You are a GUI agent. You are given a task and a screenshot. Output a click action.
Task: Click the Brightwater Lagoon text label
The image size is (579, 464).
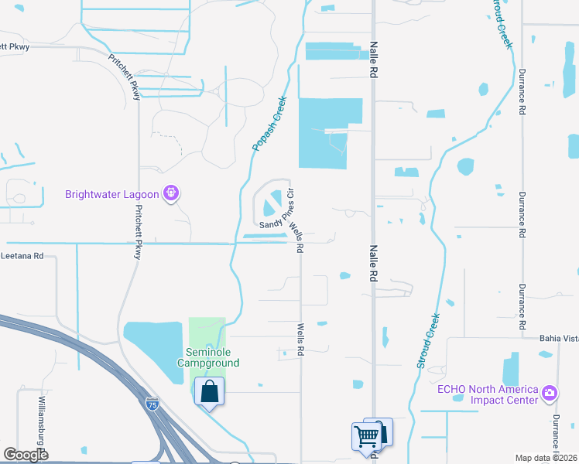coord(111,194)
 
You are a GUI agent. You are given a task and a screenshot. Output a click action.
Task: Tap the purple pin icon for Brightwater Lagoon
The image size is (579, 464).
coord(172,193)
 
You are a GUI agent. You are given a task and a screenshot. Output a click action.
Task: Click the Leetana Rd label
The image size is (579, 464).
coord(23,255)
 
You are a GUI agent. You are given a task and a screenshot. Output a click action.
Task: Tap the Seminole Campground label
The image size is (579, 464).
coord(208,357)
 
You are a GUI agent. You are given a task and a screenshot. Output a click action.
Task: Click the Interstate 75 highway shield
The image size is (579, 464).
coord(152,404)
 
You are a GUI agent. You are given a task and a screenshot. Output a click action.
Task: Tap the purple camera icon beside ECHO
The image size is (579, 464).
coord(550,393)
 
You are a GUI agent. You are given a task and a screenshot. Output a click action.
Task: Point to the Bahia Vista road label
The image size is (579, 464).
coord(559,338)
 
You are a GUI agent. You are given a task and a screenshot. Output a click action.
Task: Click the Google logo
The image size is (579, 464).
coord(26,454)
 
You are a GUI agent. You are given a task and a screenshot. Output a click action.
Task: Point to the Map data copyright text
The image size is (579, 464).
coord(546,458)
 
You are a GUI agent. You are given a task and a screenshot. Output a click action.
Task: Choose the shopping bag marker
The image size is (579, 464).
coord(209,391)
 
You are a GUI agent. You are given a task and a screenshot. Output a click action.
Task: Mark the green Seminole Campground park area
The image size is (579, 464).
coord(207,333)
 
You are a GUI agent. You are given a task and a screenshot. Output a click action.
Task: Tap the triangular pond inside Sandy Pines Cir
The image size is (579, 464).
coord(272,206)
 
